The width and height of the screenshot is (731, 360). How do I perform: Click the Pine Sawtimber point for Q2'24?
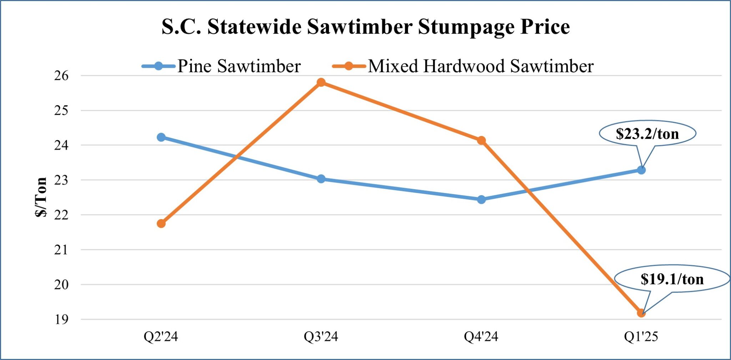tap(161, 137)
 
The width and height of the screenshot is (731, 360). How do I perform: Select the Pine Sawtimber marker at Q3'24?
tap(321, 179)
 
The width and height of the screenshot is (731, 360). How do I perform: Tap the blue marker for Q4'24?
tap(481, 199)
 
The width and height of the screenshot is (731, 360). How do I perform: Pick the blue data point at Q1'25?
tap(641, 170)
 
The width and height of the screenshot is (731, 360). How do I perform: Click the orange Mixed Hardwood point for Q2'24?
tap(161, 224)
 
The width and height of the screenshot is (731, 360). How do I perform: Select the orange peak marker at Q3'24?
tap(321, 82)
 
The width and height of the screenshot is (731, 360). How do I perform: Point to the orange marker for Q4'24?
tap(481, 140)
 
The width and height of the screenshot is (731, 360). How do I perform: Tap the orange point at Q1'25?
tap(641, 313)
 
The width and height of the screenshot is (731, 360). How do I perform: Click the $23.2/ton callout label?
tap(647, 134)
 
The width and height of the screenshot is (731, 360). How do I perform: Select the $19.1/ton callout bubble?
tap(672, 279)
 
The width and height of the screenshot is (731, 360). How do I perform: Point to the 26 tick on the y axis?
tap(61, 76)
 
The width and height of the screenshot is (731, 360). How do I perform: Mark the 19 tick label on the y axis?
tap(61, 319)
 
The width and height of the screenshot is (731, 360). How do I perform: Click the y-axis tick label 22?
tap(61, 215)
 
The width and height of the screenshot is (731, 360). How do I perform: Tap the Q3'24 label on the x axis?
tap(321, 336)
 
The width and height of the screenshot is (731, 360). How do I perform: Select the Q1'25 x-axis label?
tap(641, 336)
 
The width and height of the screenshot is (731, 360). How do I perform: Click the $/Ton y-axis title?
tap(41, 197)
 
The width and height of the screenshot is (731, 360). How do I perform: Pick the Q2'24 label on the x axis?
tap(161, 336)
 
